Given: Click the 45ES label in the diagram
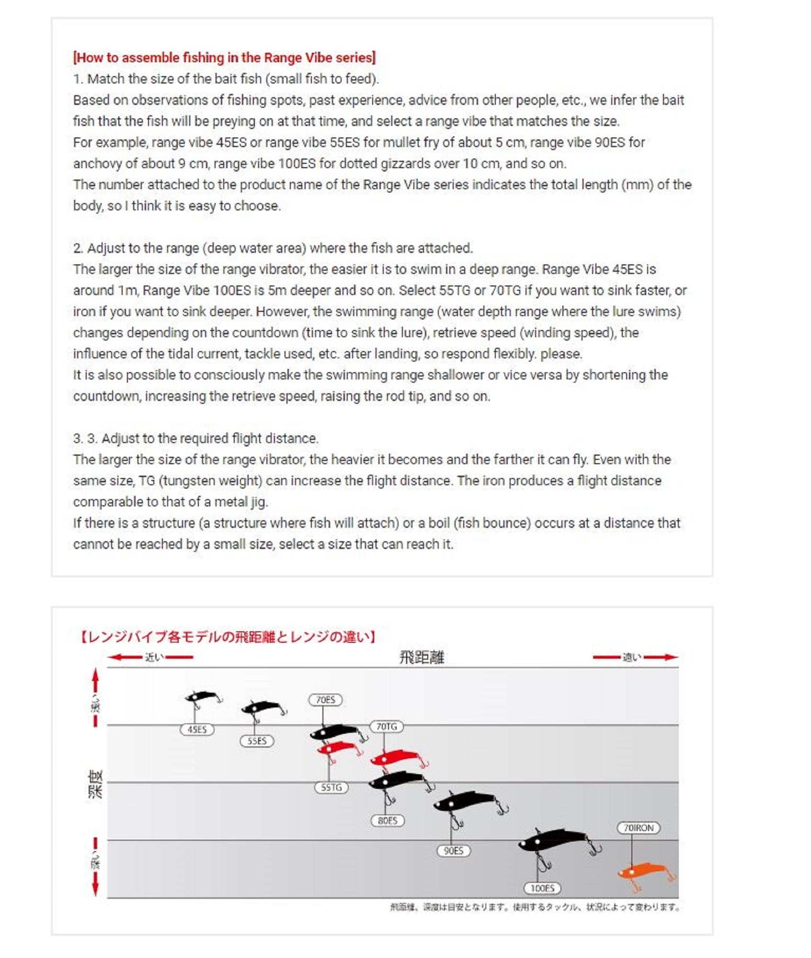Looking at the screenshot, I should [x=197, y=729].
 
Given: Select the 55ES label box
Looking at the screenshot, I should [x=257, y=741].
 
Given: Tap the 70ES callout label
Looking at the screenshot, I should [x=325, y=699].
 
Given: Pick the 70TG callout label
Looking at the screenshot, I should [x=386, y=726].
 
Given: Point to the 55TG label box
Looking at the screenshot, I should [x=331, y=787].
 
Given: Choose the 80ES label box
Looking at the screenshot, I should [x=388, y=820].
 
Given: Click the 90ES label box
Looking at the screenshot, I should [x=453, y=850].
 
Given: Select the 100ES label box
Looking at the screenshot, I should [x=542, y=888].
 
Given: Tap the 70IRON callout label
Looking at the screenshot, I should [x=638, y=827].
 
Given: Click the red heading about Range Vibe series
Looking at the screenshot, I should [x=224, y=57].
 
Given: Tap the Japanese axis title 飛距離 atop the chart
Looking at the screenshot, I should [x=422, y=657].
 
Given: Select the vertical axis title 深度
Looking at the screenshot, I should [x=95, y=784].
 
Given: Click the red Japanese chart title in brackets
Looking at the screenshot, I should [x=228, y=637].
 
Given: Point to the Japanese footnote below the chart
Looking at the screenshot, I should [x=535, y=907].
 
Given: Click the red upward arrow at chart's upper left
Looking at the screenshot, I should [x=95, y=679].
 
